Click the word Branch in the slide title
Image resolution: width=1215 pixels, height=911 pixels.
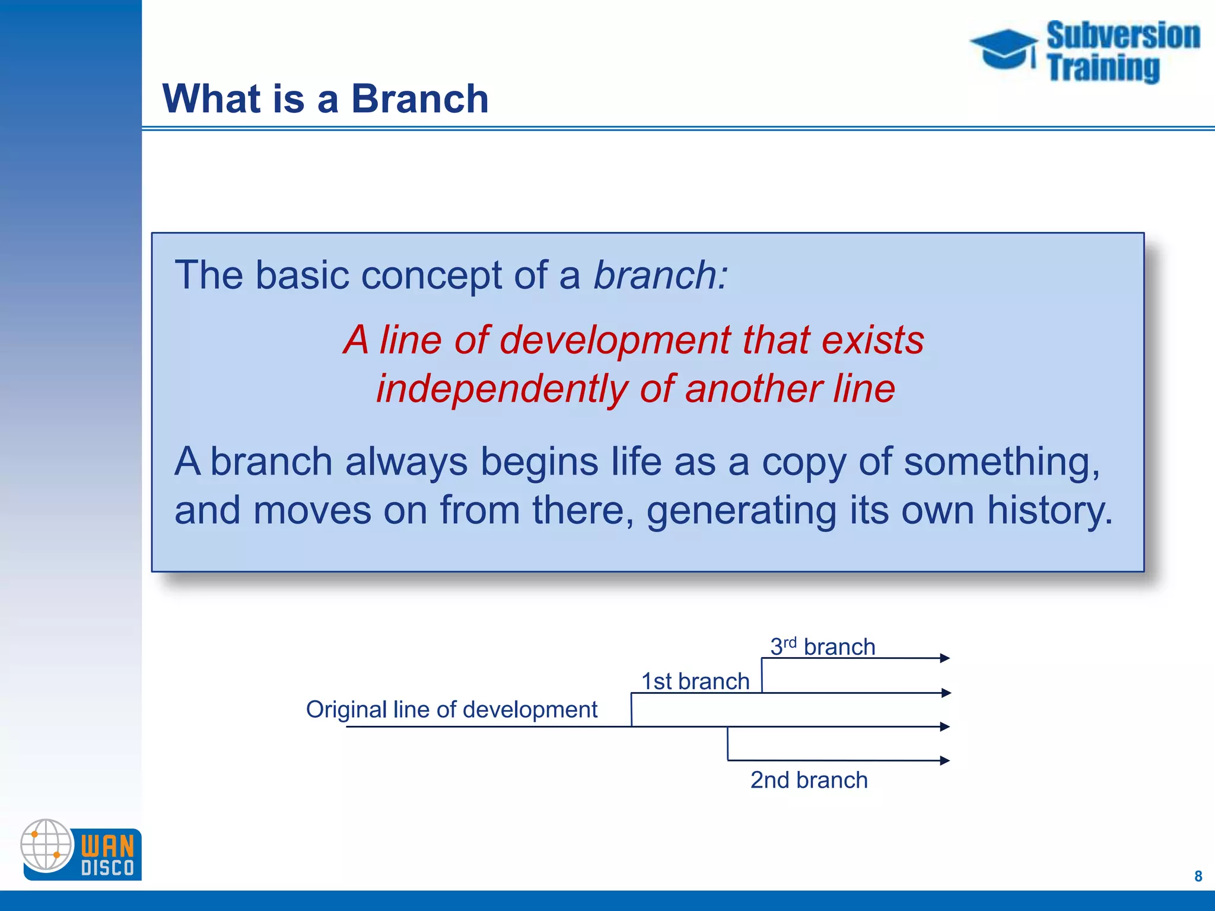pyautogui.click(x=419, y=98)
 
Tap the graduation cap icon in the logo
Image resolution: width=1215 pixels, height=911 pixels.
pyautogui.click(x=1003, y=50)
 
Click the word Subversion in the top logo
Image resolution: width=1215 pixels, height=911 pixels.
pyautogui.click(x=1123, y=36)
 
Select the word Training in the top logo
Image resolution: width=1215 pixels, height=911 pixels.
pyautogui.click(x=1103, y=68)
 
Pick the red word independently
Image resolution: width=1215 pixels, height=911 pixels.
pyautogui.click(x=501, y=390)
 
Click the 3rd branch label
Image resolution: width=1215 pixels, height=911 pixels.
pyautogui.click(x=822, y=646)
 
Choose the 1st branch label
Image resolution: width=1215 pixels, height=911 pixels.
pyautogui.click(x=695, y=681)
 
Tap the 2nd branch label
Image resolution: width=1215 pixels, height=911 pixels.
pyautogui.click(x=809, y=780)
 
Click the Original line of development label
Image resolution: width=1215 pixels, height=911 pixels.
pyautogui.click(x=451, y=709)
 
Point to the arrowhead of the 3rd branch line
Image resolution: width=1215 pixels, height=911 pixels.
pyautogui.click(x=945, y=658)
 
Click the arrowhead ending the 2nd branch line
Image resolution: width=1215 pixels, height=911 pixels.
pyautogui.click(x=945, y=760)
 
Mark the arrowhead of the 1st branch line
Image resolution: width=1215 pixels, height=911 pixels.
pyautogui.click(x=946, y=693)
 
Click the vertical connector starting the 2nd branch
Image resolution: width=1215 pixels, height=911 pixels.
pyautogui.click(x=728, y=744)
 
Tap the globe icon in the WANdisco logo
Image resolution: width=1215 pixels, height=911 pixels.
pyautogui.click(x=46, y=845)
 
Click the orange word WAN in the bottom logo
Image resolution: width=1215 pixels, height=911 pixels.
pyautogui.click(x=107, y=845)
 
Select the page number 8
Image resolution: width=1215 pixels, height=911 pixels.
pyautogui.click(x=1198, y=876)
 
